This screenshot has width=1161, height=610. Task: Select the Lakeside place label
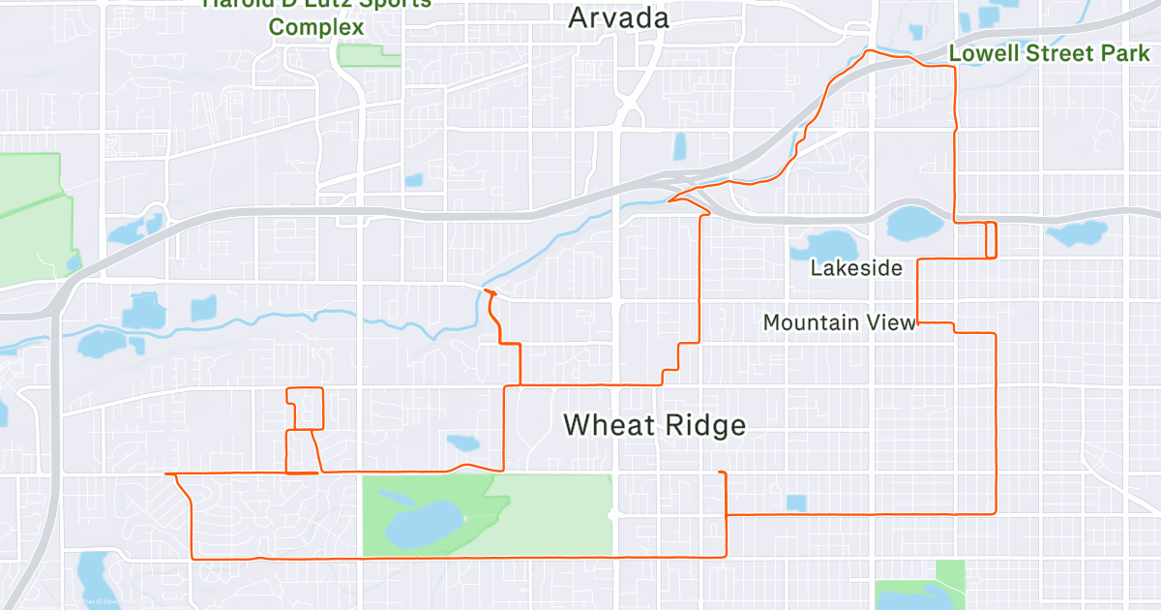(856, 267)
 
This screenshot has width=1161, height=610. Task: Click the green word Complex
(315, 26)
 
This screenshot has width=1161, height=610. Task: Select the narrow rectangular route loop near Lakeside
(991, 239)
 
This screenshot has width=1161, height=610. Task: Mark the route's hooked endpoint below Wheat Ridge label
(721, 473)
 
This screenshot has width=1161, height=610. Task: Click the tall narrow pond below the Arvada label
(679, 146)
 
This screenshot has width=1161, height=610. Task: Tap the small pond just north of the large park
(462, 443)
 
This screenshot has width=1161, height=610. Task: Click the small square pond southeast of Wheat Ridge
(796, 503)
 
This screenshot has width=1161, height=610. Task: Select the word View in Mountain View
(893, 322)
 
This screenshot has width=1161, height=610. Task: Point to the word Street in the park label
(1056, 53)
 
